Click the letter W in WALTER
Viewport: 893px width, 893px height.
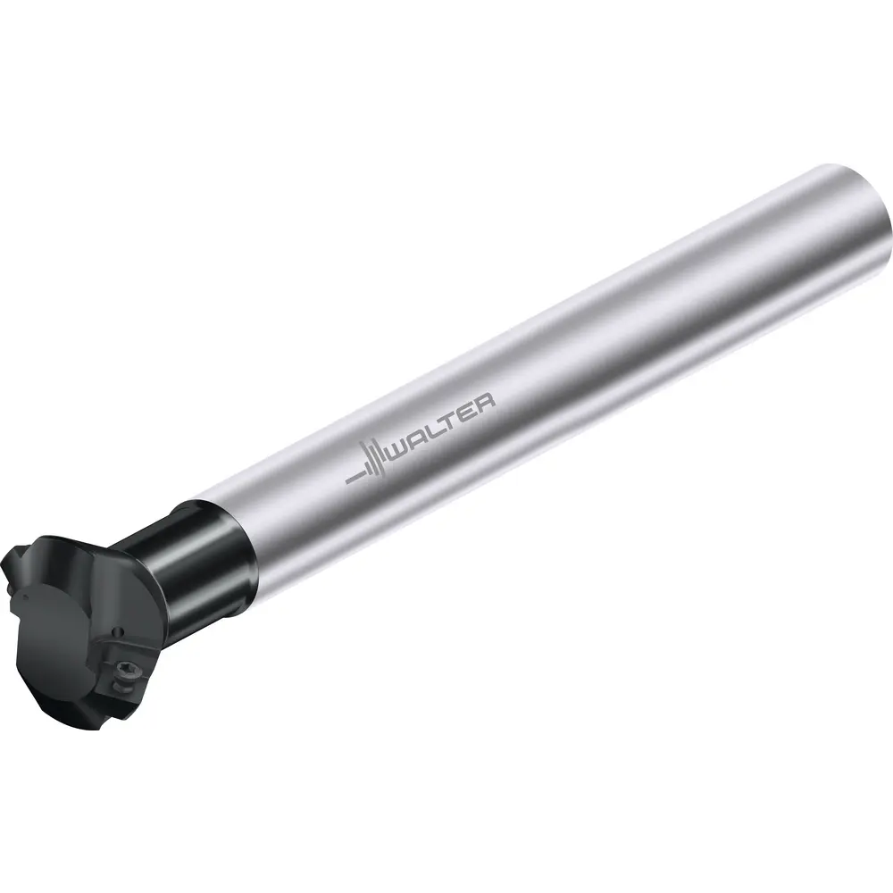405,446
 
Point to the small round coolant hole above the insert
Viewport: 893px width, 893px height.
118,631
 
